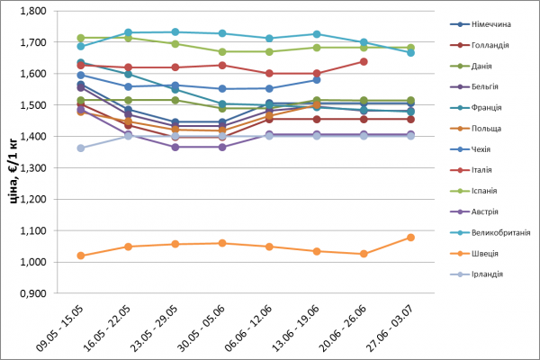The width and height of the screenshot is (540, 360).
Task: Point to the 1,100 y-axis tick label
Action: pyautogui.click(x=34, y=230)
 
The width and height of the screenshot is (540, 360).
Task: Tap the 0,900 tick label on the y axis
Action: pyautogui.click(x=34, y=293)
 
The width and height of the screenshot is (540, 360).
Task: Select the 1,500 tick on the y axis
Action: pyautogui.click(x=34, y=105)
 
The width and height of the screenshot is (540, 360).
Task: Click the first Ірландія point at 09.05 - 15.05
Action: pyautogui.click(x=81, y=148)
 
